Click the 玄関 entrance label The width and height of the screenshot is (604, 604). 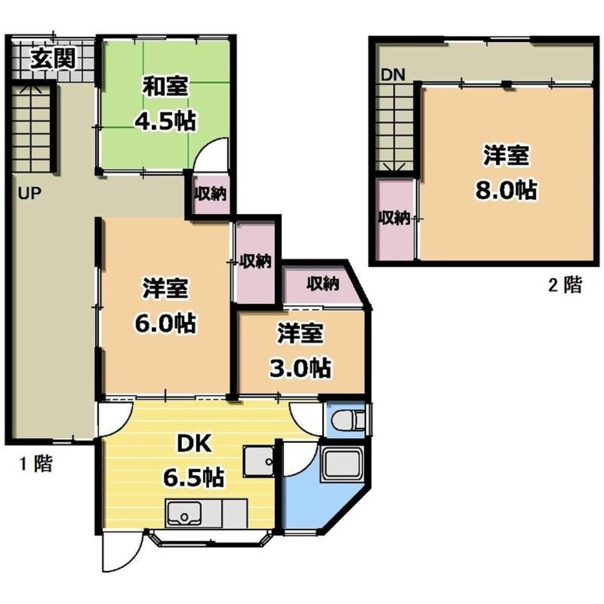(x=53, y=59)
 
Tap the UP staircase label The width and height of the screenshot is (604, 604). (x=30, y=192)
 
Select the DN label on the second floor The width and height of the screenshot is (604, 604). (x=393, y=75)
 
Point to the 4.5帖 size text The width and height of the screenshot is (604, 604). (x=165, y=120)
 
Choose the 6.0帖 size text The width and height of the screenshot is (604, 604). (x=165, y=323)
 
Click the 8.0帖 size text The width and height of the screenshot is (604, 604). (x=506, y=189)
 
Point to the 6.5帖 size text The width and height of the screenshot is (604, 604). (x=194, y=478)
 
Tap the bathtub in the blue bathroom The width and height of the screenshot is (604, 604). (x=342, y=464)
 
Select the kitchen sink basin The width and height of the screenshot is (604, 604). (x=184, y=514)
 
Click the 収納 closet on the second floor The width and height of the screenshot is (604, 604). (x=394, y=218)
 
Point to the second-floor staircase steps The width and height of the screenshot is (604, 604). (x=394, y=127)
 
